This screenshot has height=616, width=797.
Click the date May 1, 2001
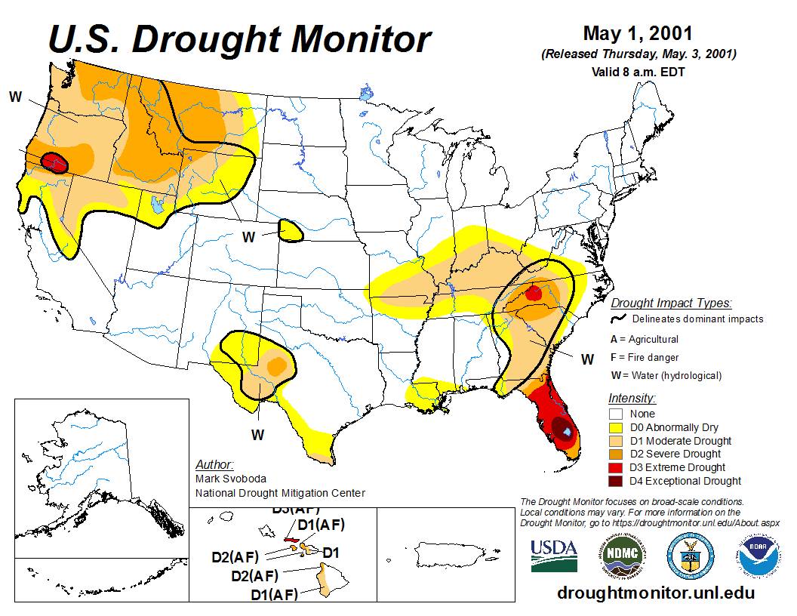tap(638, 33)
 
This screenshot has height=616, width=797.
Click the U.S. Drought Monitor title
tap(240, 38)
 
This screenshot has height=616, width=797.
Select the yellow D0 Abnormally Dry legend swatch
tap(616, 427)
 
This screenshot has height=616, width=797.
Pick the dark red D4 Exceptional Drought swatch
tap(616, 481)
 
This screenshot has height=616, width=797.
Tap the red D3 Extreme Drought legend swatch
tap(616, 467)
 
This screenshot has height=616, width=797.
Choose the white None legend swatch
tap(616, 414)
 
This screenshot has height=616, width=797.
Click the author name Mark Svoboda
tap(230, 479)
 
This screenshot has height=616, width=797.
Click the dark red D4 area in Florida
tap(562, 429)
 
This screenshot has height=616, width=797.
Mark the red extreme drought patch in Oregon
tap(54, 162)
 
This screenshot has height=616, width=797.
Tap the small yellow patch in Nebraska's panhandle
tap(290, 230)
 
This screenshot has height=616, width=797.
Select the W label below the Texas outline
tap(257, 435)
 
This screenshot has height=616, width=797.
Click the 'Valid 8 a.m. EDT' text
tap(638, 72)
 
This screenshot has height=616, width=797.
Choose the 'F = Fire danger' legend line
tap(645, 357)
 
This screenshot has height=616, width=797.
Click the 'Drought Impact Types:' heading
tap(671, 303)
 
